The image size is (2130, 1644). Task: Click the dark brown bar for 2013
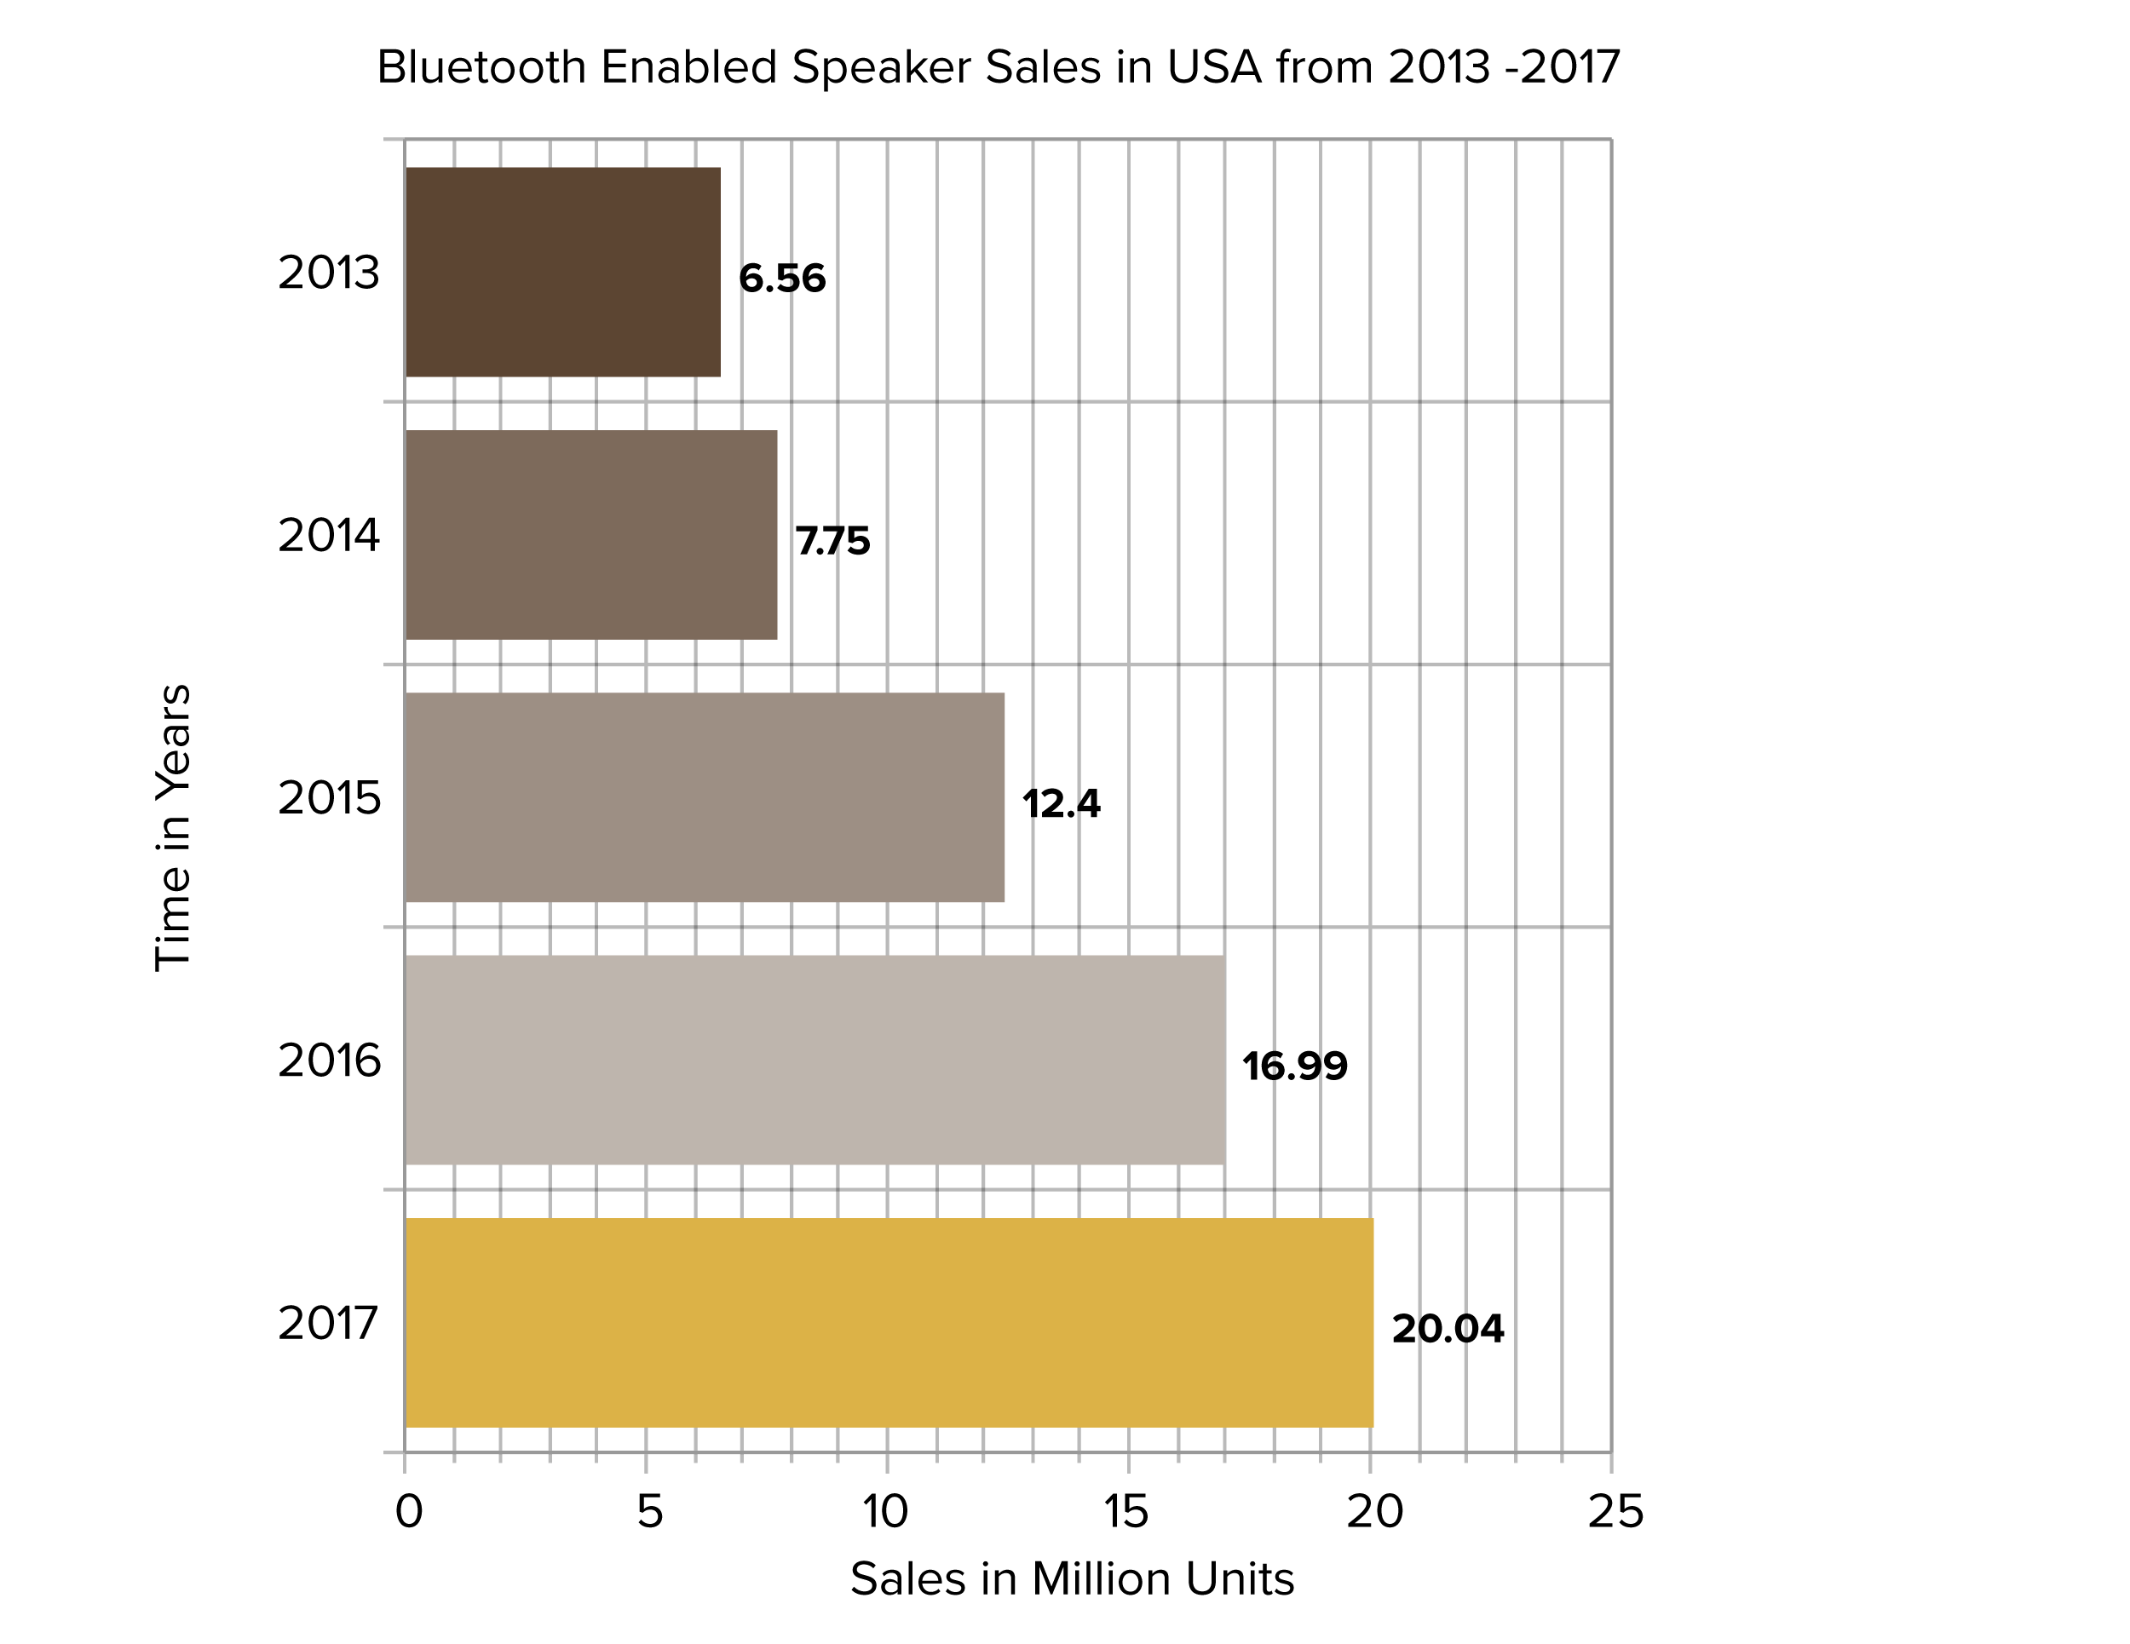click(x=562, y=272)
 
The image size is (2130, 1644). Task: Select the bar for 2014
click(x=591, y=534)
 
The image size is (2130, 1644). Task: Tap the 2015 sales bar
click(x=704, y=797)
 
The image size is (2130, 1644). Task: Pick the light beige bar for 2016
click(x=815, y=1060)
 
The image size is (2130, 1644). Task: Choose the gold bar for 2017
click(x=889, y=1322)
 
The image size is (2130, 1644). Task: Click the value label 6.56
click(x=782, y=279)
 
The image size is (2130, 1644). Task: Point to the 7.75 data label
click(x=833, y=541)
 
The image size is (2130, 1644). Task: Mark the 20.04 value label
click(x=1448, y=1329)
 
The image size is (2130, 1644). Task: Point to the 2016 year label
click(x=329, y=1061)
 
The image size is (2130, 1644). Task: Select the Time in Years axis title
click(x=174, y=828)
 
